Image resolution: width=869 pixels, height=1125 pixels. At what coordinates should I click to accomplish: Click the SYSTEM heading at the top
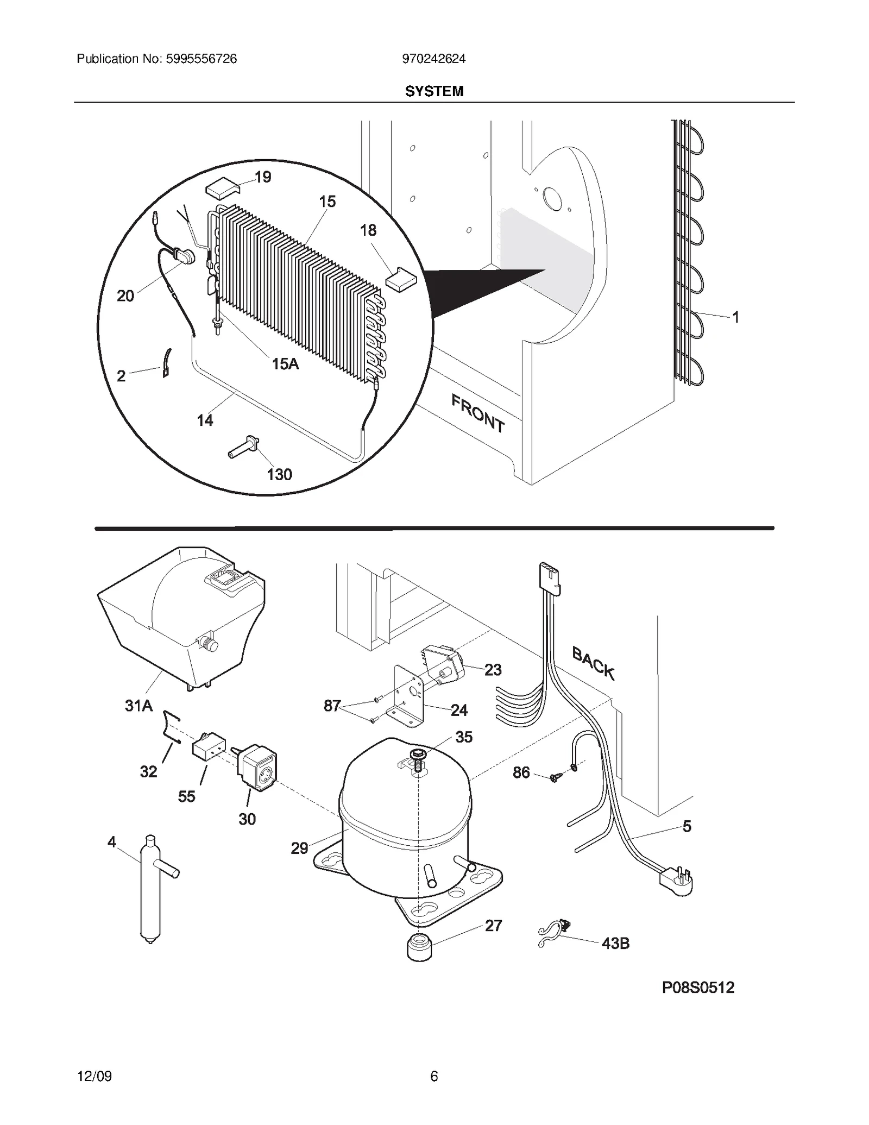coord(434,91)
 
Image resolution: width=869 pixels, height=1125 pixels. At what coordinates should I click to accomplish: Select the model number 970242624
coord(433,59)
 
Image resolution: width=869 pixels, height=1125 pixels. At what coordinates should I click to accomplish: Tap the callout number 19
coord(263,177)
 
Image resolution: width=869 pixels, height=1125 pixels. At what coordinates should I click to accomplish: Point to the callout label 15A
coord(285,363)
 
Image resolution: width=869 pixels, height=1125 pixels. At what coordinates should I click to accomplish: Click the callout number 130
coord(279,474)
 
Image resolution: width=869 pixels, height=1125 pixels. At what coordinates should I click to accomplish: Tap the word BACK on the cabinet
coord(593,663)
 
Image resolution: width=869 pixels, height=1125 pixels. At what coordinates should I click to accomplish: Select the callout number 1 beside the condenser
coord(735,317)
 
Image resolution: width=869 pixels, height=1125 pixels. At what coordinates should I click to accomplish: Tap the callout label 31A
coord(138,706)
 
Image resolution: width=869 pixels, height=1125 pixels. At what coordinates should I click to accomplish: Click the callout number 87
coord(332,706)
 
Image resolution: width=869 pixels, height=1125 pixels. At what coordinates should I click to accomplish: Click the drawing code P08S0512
coord(698,987)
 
